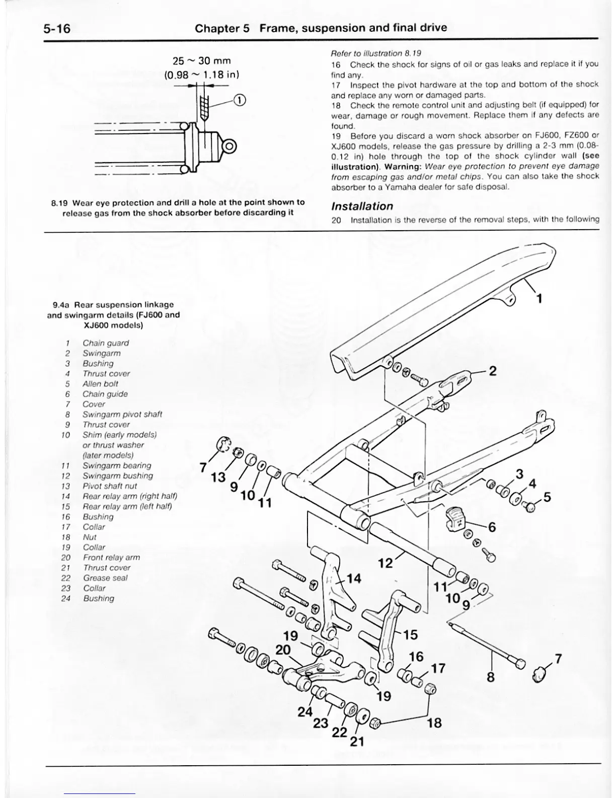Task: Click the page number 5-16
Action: click(x=56, y=28)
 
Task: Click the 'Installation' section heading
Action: click(x=362, y=206)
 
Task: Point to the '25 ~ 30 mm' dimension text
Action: click(x=201, y=61)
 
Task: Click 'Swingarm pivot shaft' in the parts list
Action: click(x=122, y=414)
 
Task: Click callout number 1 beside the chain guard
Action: click(x=539, y=299)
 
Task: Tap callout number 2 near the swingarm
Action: click(x=493, y=371)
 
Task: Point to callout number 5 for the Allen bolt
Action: click(x=547, y=497)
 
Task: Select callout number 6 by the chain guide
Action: click(x=492, y=527)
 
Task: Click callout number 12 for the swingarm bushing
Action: click(x=386, y=562)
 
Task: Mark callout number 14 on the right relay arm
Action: click(x=354, y=578)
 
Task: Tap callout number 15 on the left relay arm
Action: click(x=410, y=634)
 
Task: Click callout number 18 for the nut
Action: click(x=434, y=723)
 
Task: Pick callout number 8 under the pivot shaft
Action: click(x=491, y=677)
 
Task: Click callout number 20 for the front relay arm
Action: click(x=283, y=650)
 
